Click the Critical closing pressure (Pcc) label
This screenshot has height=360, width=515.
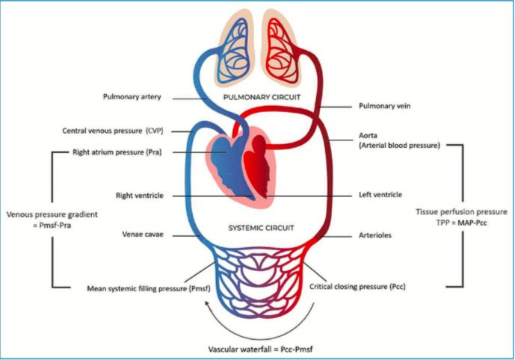pyautogui.click(x=357, y=287)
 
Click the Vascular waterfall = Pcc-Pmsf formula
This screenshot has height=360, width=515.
pyautogui.click(x=257, y=348)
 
